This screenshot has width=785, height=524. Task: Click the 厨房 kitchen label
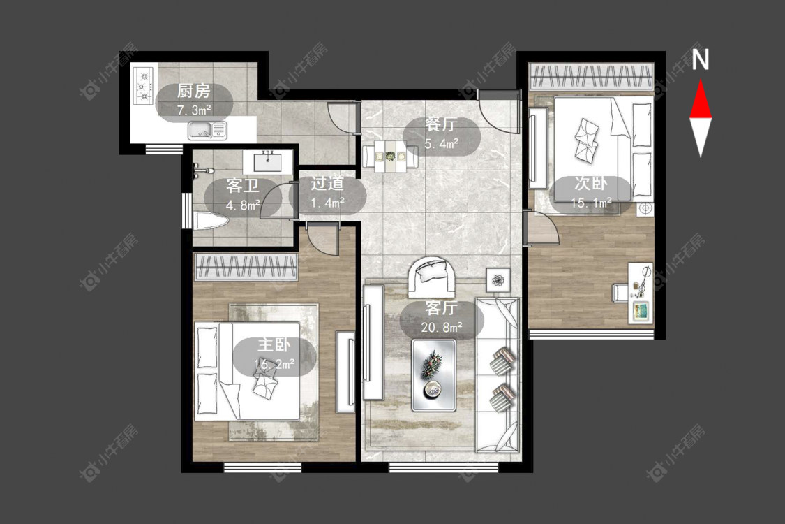[194, 92]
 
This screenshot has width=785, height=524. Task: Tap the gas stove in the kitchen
[143, 86]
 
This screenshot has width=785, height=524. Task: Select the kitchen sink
[207, 131]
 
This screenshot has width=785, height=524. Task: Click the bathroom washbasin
[268, 162]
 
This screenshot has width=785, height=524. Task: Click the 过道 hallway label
[327, 184]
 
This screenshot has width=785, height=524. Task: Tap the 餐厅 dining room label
[441, 124]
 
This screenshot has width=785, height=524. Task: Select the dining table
[390, 156]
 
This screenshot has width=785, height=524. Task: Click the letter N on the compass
[701, 59]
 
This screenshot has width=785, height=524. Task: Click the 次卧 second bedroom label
[591, 184]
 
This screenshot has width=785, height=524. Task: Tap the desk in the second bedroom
[641, 292]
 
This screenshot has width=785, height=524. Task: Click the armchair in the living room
[431, 276]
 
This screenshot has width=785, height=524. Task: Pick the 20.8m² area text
[441, 328]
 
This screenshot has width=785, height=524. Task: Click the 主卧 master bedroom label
[274, 345]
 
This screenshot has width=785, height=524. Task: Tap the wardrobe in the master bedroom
[246, 266]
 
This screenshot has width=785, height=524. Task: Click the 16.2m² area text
[274, 364]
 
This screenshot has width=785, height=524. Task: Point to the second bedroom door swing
[542, 228]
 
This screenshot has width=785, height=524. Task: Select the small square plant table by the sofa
[498, 280]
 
